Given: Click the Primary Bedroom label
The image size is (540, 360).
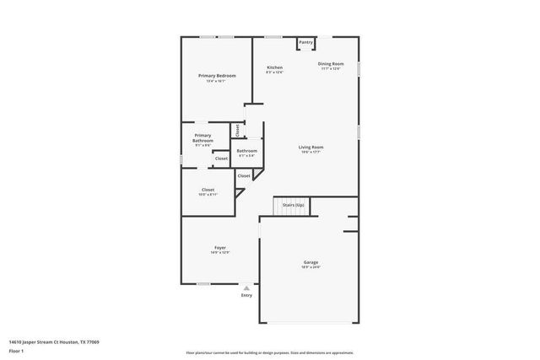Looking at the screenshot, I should [x=217, y=76].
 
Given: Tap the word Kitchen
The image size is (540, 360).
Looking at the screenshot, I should [x=274, y=67].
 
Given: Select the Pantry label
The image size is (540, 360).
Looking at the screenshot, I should [x=305, y=42].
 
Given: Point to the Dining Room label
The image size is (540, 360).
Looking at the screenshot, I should [x=331, y=64].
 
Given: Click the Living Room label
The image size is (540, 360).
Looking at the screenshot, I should [x=311, y=148].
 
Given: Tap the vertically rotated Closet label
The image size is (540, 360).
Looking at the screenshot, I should [x=238, y=131].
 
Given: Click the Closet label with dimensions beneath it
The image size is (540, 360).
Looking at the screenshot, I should [x=208, y=190].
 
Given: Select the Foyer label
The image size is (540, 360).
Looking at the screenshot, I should [x=219, y=248].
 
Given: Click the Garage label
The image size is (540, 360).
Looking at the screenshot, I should [x=311, y=262].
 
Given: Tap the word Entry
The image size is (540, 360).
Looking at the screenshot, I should [x=246, y=296].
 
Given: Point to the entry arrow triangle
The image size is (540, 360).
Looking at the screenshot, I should [x=246, y=287].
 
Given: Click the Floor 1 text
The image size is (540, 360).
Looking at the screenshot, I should [x=16, y=351].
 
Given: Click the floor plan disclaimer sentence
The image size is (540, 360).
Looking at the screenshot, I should [x=269, y=352].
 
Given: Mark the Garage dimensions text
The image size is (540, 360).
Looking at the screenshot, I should [x=311, y=267].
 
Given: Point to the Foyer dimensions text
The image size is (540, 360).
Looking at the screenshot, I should [x=219, y=253].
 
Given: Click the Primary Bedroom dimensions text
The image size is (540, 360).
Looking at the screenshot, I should [x=217, y=81].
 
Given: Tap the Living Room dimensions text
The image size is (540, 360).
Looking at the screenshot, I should [x=311, y=153].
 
